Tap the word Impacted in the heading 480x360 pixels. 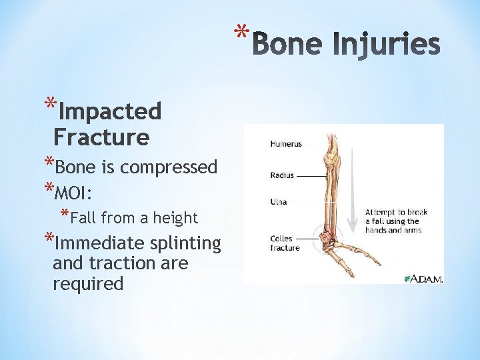pyautogui.click(x=110, y=111)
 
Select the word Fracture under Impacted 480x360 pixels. pyautogui.click(x=101, y=137)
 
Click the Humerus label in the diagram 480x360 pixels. pyautogui.click(x=286, y=143)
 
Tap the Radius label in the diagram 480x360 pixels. pyautogui.click(x=282, y=176)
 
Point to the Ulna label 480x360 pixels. pyautogui.click(x=279, y=201)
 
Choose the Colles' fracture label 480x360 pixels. pyautogui.click(x=285, y=243)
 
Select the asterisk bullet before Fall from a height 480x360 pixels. pyautogui.click(x=65, y=215)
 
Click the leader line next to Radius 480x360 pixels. pyautogui.click(x=309, y=176)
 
